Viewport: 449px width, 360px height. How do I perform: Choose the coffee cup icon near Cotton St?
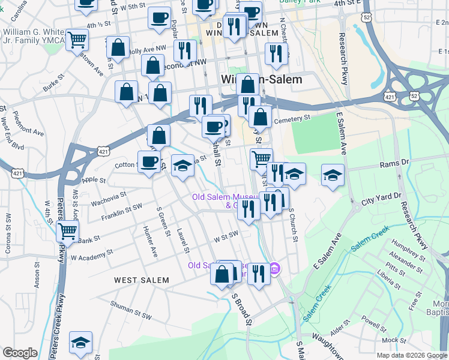tap(149, 161)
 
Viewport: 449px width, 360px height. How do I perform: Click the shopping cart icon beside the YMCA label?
tap(77, 40)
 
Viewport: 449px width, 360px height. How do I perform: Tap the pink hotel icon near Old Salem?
tap(275, 268)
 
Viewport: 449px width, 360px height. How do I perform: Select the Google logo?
tap(20, 352)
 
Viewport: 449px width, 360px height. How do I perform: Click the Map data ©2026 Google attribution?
tap(412, 355)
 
